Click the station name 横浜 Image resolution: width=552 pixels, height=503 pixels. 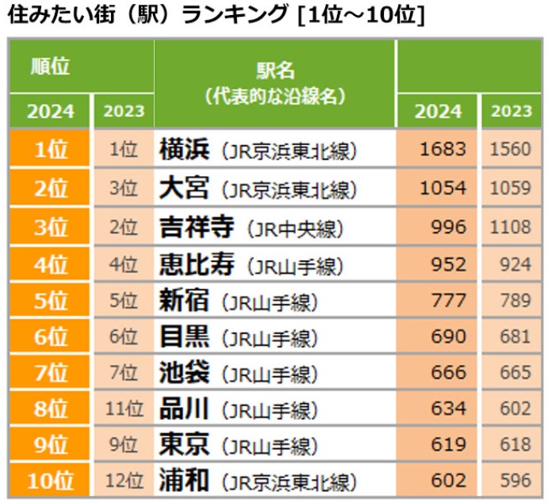tap(184, 150)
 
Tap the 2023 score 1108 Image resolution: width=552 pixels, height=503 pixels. tap(511, 228)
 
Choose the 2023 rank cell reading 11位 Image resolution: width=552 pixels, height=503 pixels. tap(124, 409)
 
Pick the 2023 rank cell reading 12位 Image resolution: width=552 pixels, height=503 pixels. tap(124, 481)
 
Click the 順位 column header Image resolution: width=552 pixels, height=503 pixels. tap(50, 67)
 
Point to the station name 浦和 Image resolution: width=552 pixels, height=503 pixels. tap(184, 481)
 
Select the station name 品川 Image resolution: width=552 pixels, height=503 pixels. tap(184, 409)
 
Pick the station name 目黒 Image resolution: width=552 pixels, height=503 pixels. tap(184, 337)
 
